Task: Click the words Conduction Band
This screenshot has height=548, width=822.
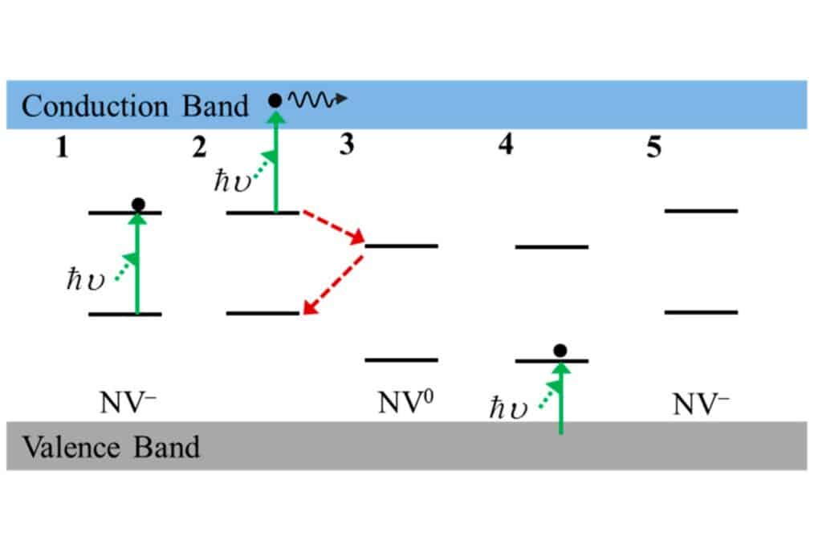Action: (135, 106)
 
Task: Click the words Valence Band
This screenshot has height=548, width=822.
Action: (111, 447)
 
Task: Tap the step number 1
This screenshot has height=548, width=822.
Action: (62, 148)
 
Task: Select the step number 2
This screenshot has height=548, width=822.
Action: (198, 148)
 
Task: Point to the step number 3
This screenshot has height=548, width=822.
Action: (347, 148)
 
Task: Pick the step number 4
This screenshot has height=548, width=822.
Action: (506, 148)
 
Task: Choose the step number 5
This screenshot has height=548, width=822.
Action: (655, 148)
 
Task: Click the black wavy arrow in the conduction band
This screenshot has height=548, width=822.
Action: (318, 99)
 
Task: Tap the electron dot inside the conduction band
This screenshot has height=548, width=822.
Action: (275, 100)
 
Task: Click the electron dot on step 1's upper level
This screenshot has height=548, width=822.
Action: (137, 205)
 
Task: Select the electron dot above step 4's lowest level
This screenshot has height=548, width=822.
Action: (560, 351)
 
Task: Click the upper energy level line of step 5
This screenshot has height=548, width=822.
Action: (701, 211)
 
